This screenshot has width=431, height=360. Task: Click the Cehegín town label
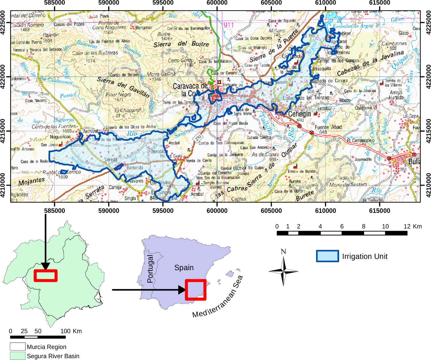pyautogui.click(x=299, y=114)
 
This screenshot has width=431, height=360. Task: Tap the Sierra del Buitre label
pyautogui.click(x=181, y=44)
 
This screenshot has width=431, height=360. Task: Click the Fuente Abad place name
pyautogui.click(x=328, y=127)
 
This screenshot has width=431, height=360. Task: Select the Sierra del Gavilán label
pyautogui.click(x=123, y=87)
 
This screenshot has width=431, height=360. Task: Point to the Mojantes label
pyautogui.click(x=32, y=182)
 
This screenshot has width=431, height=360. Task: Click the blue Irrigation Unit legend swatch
pyautogui.click(x=327, y=256)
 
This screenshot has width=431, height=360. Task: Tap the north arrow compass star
pyautogui.click(x=283, y=271)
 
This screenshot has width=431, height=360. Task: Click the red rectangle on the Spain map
pyautogui.click(x=196, y=290)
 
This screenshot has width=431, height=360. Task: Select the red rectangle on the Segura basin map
pyautogui.click(x=45, y=276)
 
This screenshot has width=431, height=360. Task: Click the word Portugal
pyautogui.click(x=150, y=269)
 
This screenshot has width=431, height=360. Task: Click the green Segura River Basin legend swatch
pyautogui.click(x=18, y=356)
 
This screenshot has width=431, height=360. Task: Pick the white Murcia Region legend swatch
pyautogui.click(x=18, y=346)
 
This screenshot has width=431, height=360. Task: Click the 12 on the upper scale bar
pyautogui.click(x=407, y=226)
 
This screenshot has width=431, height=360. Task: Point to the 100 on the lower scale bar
pyautogui.click(x=65, y=331)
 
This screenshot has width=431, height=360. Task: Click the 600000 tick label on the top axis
pyautogui.click(x=217, y=3)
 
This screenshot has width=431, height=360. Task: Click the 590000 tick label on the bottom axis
pyautogui.click(x=109, y=210)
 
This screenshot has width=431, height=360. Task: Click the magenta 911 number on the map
pyautogui.click(x=228, y=25)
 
